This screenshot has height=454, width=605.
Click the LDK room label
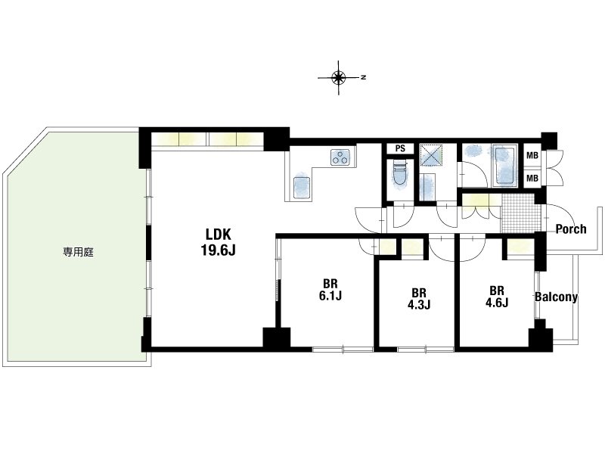pyautogui.click(x=218, y=235)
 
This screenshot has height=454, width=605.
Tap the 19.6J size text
pyautogui.click(x=218, y=250)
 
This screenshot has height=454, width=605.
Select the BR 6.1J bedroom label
pyautogui.click(x=330, y=290)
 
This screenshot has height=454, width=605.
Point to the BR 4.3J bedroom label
pyautogui.click(x=419, y=298)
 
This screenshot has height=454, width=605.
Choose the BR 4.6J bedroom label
pyautogui.click(x=497, y=296)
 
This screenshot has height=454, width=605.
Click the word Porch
pyautogui.click(x=571, y=229)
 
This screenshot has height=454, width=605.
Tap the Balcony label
pyautogui.click(x=556, y=297)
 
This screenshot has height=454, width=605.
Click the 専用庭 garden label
pyautogui.click(x=79, y=253)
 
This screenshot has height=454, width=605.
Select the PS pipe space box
pyautogui.click(x=400, y=148)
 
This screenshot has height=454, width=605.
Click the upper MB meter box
pyautogui.click(x=532, y=156)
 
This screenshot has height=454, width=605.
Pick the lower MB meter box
pyautogui.click(x=532, y=179)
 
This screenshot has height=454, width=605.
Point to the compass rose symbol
pyautogui.click(x=339, y=78)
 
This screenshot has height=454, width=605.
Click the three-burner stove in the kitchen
pyautogui.click(x=340, y=157)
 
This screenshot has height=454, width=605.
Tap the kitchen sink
pyautogui.click(x=302, y=188)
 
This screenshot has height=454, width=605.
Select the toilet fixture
pyautogui.click(x=399, y=175)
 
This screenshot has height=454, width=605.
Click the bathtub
pyautogui.click(x=504, y=166)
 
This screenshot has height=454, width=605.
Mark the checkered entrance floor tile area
pyautogui.click(x=518, y=213)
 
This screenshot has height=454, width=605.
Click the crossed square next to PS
pyautogui.click(x=430, y=155)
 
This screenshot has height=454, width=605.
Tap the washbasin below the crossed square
pyautogui.click(x=428, y=187)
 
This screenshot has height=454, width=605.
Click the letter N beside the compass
pyautogui.click(x=363, y=78)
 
